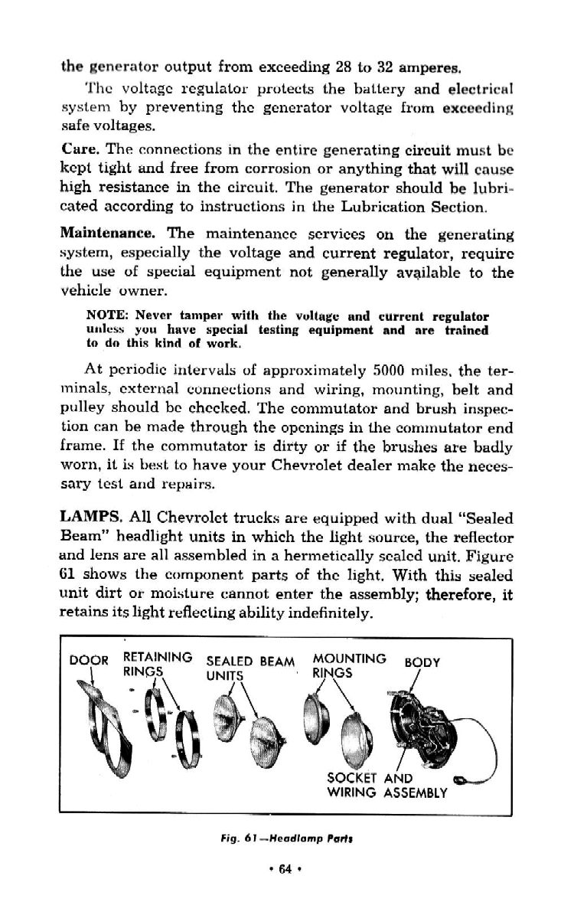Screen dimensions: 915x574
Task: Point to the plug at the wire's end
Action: pyautogui.click(x=461, y=781)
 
